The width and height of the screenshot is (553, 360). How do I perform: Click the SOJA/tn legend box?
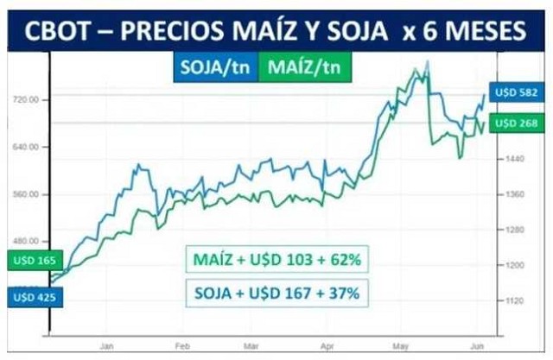pos(216,67)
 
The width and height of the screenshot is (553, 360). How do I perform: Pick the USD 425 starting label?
pos(28,297)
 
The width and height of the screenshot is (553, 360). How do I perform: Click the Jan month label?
pos(108,344)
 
